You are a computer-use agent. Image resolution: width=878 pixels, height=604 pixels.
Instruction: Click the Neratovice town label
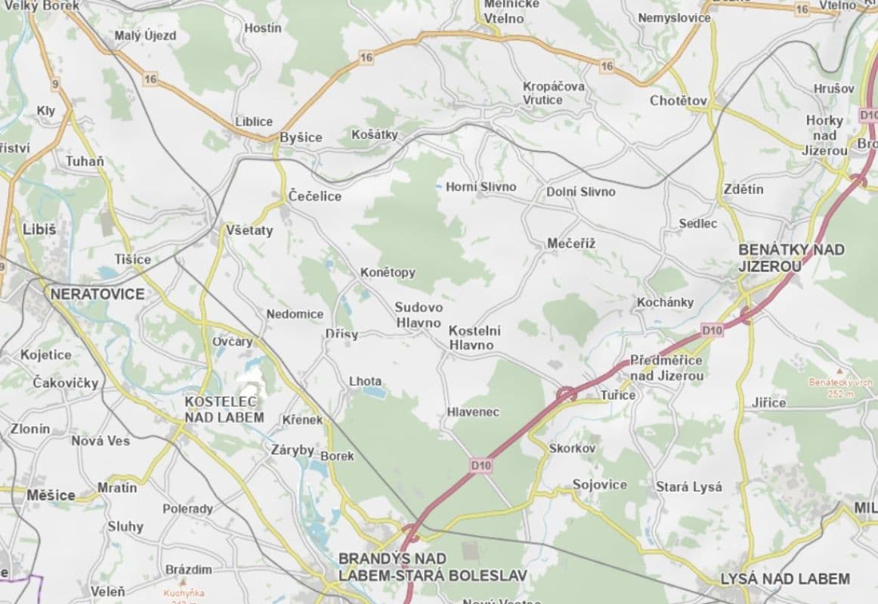[x=97, y=294]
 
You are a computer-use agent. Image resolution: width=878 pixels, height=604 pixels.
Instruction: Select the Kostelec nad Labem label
[x=224, y=409]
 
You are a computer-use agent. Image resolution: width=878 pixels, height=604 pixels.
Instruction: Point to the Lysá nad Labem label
[x=785, y=579]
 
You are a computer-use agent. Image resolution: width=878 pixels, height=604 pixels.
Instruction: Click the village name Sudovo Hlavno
[x=419, y=315]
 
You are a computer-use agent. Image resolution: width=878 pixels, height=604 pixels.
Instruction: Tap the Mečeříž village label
[x=572, y=243]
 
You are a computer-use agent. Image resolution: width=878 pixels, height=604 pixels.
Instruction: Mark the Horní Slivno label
[x=481, y=186]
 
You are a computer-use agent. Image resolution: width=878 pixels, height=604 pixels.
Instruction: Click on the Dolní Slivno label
[x=580, y=192]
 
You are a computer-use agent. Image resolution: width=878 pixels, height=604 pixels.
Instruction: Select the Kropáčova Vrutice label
[x=554, y=93]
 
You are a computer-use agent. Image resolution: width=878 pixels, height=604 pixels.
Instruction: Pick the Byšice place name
[x=301, y=137]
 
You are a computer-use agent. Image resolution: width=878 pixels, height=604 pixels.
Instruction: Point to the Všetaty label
[x=249, y=230]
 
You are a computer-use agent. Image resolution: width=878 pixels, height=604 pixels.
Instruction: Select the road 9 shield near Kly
[x=55, y=83]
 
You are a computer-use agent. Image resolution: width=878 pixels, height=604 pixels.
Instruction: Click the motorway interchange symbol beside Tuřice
[x=566, y=393]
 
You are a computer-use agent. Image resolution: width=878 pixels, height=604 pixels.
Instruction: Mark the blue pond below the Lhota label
[x=373, y=393]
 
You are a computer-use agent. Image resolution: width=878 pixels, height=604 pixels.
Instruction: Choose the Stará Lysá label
[x=688, y=487]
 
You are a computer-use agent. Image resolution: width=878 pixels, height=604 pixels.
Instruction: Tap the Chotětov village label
[x=679, y=100]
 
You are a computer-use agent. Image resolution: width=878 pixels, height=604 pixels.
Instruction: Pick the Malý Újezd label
[x=145, y=35]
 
